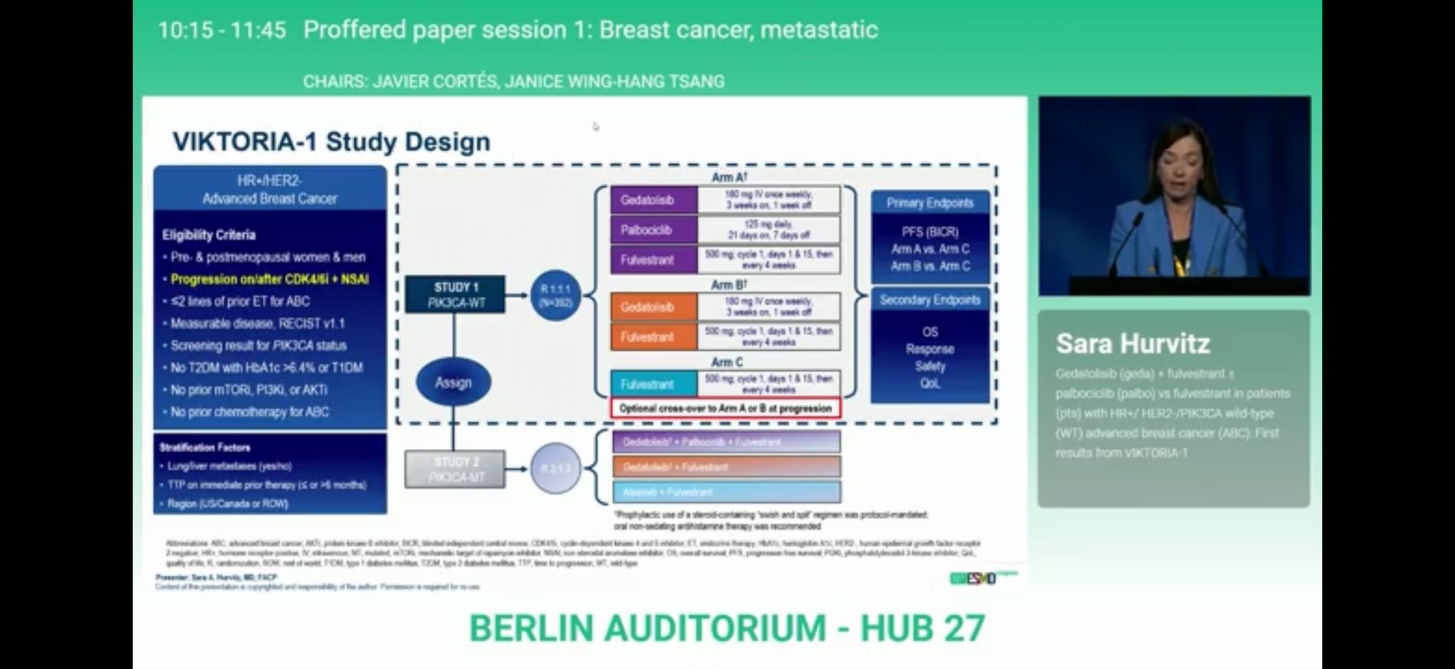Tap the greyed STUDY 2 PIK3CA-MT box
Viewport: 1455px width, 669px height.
455,469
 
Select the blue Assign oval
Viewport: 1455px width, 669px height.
453,383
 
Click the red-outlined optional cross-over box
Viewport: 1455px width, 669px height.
725,408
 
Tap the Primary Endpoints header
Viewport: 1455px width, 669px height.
930,203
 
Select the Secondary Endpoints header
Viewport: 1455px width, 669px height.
930,300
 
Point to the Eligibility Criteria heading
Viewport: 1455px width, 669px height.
209,235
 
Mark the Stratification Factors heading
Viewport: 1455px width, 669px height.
205,447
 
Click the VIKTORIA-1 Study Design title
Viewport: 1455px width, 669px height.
332,141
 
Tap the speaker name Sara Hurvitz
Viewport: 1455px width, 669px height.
1132,344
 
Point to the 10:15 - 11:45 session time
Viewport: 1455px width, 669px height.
222,30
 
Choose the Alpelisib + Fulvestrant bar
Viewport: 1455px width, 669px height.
726,492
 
